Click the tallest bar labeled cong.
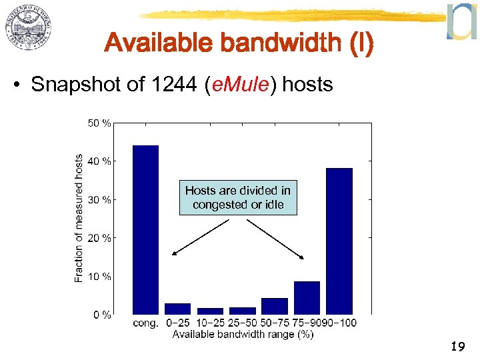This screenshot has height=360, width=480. [146, 229]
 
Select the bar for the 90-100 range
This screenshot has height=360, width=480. [339, 241]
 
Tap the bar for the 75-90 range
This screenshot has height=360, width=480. [307, 297]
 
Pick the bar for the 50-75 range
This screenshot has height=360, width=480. [275, 306]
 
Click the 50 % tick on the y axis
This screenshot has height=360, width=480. [100, 123]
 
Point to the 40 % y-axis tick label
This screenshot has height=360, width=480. [100, 161]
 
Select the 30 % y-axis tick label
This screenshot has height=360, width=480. [100, 199]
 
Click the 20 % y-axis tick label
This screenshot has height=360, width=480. [100, 238]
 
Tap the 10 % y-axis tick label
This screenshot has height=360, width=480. [100, 276]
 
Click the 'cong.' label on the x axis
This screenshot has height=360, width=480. [146, 323]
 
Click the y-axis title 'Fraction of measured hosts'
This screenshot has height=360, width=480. [79, 219]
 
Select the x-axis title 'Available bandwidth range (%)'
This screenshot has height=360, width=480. [243, 335]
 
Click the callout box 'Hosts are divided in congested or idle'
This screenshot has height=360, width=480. [238, 198]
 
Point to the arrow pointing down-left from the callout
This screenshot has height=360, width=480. [199, 237]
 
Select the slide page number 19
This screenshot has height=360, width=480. [458, 347]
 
